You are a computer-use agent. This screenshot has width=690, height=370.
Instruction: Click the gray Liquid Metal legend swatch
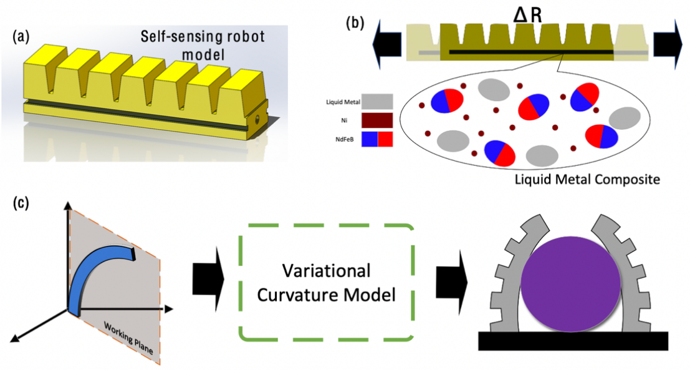point(377,101)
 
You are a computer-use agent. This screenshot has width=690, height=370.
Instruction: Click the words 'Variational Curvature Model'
point(327,282)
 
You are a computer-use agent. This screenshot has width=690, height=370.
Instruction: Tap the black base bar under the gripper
point(573,341)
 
